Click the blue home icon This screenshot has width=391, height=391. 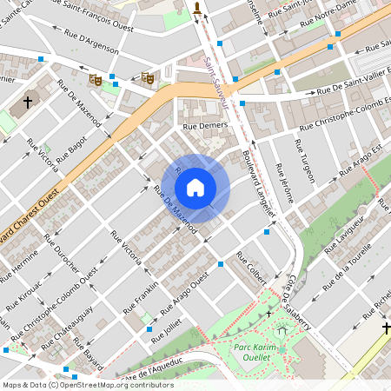tap(195, 187)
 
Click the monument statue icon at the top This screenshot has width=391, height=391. tap(198, 10)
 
